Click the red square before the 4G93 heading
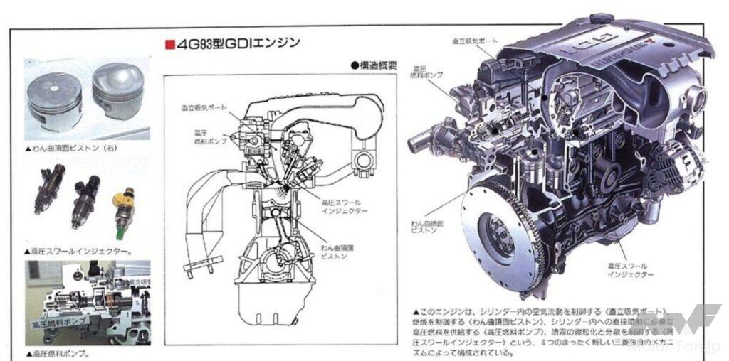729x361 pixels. (x=169, y=45)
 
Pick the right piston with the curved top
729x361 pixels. (x=117, y=92)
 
